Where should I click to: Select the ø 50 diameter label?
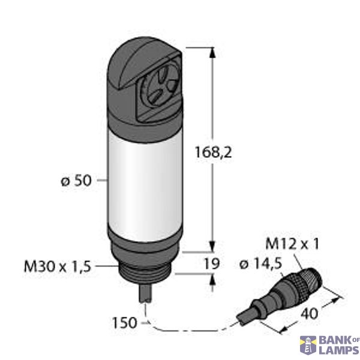[x=76, y=181]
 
